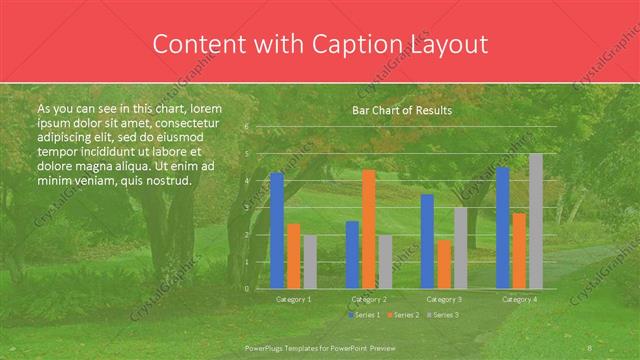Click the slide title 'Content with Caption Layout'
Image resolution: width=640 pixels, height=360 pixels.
coord(320,44)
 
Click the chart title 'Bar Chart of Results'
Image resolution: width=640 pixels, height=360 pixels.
coord(402,110)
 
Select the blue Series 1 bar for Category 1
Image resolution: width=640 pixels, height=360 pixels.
coord(277,230)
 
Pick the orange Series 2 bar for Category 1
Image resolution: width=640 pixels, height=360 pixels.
coord(293,256)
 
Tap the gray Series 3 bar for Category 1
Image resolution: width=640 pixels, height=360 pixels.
coord(309,262)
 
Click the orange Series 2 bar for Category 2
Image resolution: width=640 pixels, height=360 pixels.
coord(369,229)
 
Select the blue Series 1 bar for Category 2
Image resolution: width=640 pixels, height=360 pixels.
coord(352,254)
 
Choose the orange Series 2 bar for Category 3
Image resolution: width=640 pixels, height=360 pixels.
coord(444,264)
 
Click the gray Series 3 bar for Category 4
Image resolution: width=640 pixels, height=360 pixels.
coord(536,221)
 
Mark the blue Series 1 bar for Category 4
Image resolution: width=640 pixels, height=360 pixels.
coord(502,228)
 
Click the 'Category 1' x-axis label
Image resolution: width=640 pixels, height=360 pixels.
coord(293,299)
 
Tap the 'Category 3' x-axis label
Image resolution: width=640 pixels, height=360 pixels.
coord(444,299)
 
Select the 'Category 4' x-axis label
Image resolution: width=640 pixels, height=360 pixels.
coord(519,299)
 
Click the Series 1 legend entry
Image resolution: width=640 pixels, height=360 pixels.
coord(364,315)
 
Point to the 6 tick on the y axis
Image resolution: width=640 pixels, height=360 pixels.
coord(247,127)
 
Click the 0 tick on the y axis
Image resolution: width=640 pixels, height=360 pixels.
coord(247,288)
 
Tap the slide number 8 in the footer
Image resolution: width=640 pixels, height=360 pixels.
coord(590,347)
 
